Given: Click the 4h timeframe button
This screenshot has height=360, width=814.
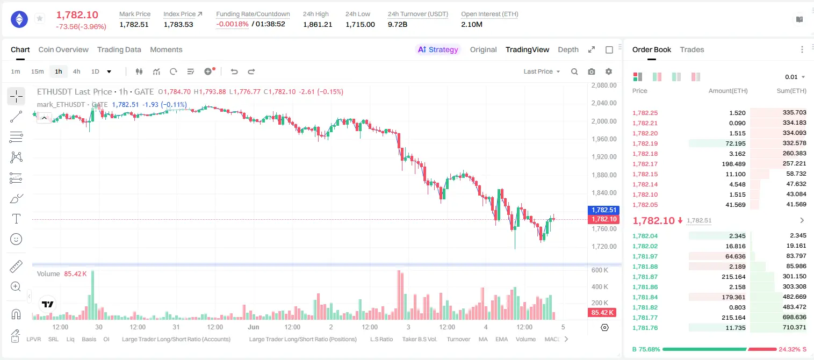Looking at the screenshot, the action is (76, 71).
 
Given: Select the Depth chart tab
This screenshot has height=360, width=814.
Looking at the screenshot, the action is (568, 49).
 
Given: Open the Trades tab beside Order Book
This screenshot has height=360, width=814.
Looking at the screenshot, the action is (692, 49).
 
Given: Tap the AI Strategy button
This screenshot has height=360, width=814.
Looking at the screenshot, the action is (438, 49).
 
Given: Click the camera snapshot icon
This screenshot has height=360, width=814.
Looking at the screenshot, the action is (592, 71).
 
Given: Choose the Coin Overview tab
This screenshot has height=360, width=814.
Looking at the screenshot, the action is (63, 49).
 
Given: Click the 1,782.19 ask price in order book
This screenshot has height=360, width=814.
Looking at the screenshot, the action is (645, 143).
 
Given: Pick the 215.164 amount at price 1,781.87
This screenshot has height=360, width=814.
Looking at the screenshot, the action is (733, 277).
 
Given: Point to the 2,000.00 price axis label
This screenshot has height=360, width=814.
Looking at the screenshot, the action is (604, 121).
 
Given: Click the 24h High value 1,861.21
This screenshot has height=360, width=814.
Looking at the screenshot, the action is (318, 24).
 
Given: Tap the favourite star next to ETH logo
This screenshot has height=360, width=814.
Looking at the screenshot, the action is (40, 18).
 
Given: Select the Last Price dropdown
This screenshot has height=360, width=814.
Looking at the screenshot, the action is (542, 71).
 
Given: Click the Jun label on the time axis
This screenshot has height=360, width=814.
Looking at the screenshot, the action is (253, 327).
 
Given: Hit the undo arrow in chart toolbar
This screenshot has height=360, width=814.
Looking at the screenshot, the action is (234, 71).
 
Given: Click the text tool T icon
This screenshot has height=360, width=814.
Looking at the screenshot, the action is (16, 219).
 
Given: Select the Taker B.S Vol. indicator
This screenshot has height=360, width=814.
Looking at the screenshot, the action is (419, 339).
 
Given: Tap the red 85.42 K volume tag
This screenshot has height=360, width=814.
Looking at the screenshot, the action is (602, 312).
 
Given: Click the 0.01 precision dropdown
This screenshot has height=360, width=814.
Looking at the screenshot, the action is (795, 77).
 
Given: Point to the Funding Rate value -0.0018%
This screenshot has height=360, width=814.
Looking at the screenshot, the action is (232, 24).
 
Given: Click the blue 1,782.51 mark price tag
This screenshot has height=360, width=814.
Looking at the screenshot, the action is (603, 210).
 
